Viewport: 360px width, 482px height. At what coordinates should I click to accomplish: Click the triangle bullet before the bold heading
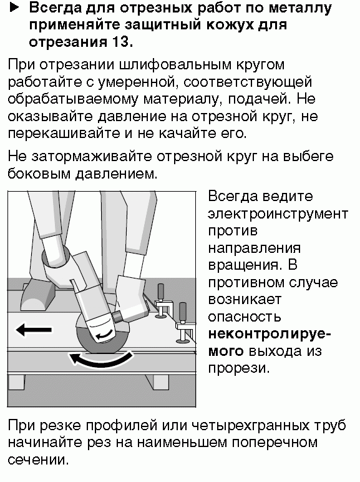tap(14, 8)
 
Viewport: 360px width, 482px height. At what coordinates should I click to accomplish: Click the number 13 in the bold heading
tap(118, 42)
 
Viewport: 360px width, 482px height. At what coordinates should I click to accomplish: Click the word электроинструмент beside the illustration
tap(278, 214)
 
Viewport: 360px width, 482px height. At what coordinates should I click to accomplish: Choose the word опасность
tap(245, 317)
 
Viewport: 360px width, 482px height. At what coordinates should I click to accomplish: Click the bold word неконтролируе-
tap(270, 335)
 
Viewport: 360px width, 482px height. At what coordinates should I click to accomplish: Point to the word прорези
tap(238, 368)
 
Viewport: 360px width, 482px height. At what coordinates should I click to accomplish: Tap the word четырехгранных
tap(250, 426)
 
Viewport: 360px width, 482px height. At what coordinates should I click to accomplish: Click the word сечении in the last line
tap(37, 460)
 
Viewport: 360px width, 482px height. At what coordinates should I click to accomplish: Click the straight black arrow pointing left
tap(34, 330)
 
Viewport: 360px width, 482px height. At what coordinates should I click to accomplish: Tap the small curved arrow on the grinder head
tap(104, 334)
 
